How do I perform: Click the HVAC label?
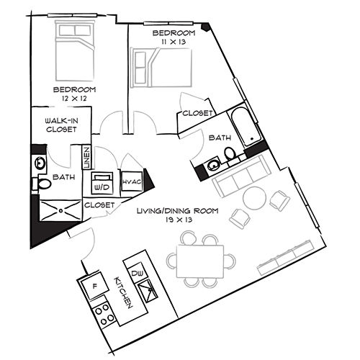coord(132,181)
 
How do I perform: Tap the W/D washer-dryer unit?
coord(103,183)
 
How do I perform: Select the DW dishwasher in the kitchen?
coord(137,273)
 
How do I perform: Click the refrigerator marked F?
coord(94,286)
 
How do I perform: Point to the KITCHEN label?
coord(123,292)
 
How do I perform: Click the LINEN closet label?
coord(86,158)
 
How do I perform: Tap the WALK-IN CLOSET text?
coord(61,125)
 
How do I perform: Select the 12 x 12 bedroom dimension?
coord(74,99)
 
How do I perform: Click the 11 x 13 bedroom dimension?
coord(174,42)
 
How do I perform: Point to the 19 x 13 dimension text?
coord(179,220)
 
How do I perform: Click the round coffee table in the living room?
coord(255,198)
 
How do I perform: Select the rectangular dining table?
coord(200,261)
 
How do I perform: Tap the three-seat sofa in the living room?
coord(242,175)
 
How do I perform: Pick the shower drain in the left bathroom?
coord(60,211)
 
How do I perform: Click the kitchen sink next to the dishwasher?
coord(148,291)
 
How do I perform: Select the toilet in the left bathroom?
coord(42,184)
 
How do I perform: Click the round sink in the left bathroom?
coord(40,163)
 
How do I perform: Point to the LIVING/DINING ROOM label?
coord(178,211)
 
